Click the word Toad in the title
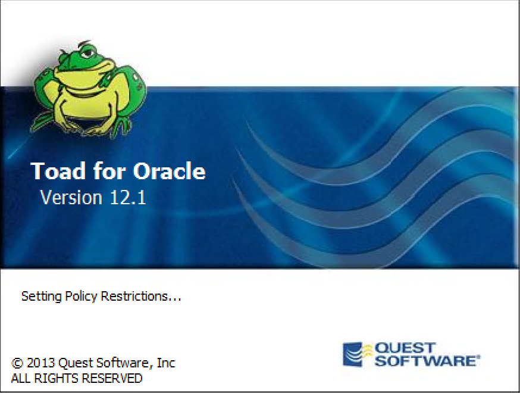click(x=58, y=171)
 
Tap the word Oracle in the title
click(x=169, y=171)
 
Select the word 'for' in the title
click(x=109, y=171)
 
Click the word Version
click(x=71, y=198)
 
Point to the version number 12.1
click(x=128, y=198)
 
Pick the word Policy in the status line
click(x=81, y=296)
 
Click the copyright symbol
click(x=17, y=363)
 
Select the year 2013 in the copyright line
click(x=40, y=363)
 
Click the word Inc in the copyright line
click(x=166, y=363)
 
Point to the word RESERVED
click(x=112, y=378)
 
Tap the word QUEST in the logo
click(x=404, y=348)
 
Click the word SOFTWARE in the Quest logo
click(x=425, y=360)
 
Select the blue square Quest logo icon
click(x=353, y=354)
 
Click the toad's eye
click(x=87, y=53)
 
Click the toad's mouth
click(x=84, y=68)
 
